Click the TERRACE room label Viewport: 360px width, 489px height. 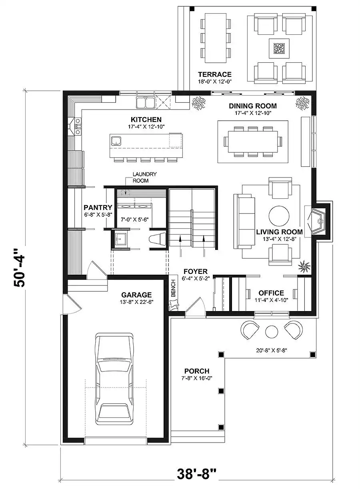tap(215, 74)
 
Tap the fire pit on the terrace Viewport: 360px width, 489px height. tap(279, 48)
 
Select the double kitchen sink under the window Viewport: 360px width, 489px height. tap(146, 102)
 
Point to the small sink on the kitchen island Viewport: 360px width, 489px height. tap(116, 141)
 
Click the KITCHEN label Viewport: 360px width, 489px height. tap(146, 120)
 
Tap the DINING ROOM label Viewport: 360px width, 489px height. tap(253, 106)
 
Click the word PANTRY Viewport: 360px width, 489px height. tap(98, 207)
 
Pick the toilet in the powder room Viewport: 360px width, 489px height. tap(157, 238)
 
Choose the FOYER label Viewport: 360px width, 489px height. tap(196, 271)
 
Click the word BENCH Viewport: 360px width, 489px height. tap(173, 288)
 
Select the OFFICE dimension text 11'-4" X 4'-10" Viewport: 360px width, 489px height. tap(271, 300)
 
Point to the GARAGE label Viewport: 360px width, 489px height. tap(136, 295)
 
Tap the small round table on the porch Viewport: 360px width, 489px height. tap(272, 331)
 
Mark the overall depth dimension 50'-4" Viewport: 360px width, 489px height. tap(20, 267)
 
